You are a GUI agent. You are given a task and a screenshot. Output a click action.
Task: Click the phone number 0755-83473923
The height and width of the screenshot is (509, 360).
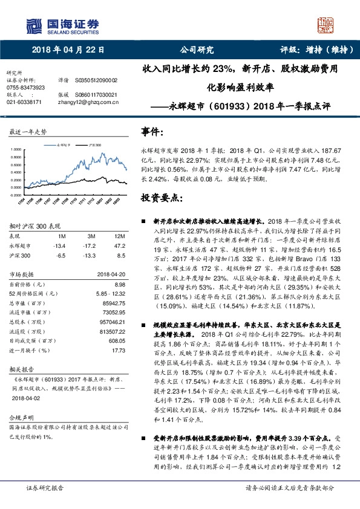pyautogui.click(x=25, y=87)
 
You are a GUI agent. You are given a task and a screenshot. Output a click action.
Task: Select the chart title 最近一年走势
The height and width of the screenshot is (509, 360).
pyautogui.click(x=28, y=131)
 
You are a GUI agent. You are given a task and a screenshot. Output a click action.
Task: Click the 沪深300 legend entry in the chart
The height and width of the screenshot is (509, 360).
pyautogui.click(x=94, y=146)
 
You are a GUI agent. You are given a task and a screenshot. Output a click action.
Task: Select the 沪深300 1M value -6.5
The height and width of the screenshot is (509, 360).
pyautogui.click(x=59, y=255)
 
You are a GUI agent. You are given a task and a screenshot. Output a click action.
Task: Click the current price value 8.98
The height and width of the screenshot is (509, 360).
pyautogui.click(x=119, y=284)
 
